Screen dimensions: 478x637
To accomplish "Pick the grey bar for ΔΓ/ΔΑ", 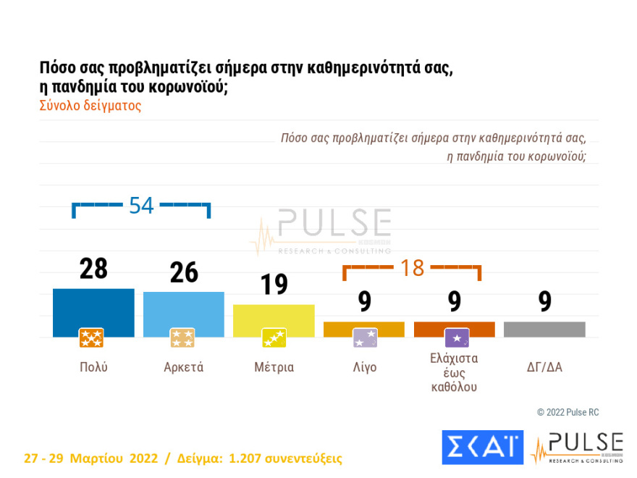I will tap(544, 330).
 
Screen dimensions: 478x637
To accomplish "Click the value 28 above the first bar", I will tap(93, 269).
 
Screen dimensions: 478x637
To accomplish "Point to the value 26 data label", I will tap(184, 272).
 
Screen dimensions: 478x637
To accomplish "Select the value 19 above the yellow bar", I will tap(274, 285).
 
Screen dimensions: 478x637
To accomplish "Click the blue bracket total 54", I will tap(141, 206).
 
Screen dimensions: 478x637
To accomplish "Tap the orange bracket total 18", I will tap(412, 268).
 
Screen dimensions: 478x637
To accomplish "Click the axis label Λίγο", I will tap(364, 367).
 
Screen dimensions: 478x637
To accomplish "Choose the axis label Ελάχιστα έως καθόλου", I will tap(454, 372).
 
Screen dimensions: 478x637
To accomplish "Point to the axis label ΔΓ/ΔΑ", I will tap(544, 367).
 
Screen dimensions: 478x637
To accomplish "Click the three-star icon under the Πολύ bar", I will tap(91, 337).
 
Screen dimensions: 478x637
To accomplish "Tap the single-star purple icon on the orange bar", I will tap(456, 337).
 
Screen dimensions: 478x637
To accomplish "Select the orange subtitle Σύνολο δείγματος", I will tap(90, 105).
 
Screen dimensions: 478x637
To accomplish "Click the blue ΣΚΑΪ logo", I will tap(482, 447).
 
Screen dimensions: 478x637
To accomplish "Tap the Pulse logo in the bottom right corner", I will tap(577, 448).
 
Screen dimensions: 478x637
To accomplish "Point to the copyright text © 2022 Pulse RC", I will tap(568, 412).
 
